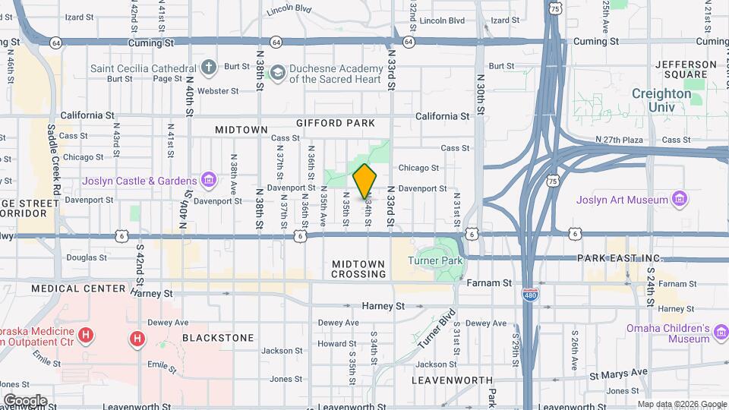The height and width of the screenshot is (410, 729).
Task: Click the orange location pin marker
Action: pyautogui.click(x=364, y=181)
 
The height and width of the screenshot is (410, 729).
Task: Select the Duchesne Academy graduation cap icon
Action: pyautogui.click(x=277, y=73)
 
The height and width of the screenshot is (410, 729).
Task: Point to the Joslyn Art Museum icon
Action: pyautogui.click(x=680, y=200)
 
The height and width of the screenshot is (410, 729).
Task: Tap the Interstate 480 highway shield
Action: pyautogui.click(x=531, y=292)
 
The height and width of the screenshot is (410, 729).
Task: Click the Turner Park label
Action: pyautogui.click(x=435, y=260)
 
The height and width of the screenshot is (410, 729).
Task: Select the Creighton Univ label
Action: pyautogui.click(x=661, y=100)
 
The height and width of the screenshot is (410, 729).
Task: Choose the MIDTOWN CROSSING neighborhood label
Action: pyautogui.click(x=358, y=269)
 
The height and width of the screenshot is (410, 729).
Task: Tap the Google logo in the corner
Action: pyautogui.click(x=25, y=400)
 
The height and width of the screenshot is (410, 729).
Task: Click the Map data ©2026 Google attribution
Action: pyautogui.click(x=682, y=404)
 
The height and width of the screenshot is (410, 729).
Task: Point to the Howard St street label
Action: pyautogui.click(x=332, y=343)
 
